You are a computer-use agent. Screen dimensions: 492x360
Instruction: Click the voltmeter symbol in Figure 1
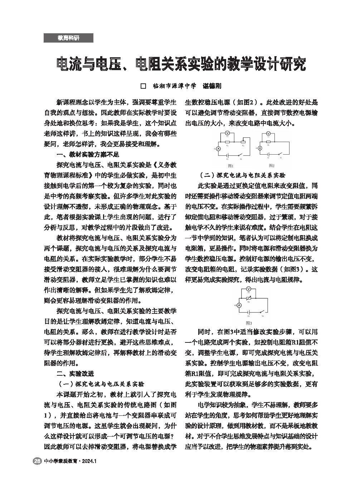click(227, 133)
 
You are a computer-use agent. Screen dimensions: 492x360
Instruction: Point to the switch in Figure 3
click(262, 312)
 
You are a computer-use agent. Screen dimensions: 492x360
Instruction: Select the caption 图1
click(230, 166)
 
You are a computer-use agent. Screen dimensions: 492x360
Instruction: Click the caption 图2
click(272, 166)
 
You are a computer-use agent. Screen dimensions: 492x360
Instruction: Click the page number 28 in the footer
click(37, 461)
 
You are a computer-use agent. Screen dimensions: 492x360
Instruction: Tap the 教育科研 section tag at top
click(68, 38)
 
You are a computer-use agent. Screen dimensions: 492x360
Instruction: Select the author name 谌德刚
click(212, 86)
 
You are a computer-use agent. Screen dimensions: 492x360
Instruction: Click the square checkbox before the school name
click(143, 86)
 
